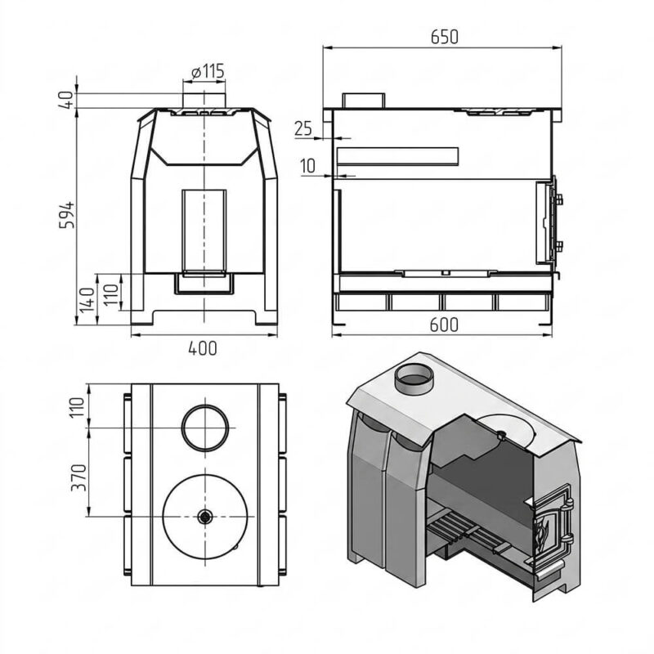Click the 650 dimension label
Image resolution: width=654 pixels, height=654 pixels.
pos(444,37)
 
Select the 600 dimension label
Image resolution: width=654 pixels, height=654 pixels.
pos(444,325)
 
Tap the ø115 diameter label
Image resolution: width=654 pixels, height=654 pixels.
pos(208,71)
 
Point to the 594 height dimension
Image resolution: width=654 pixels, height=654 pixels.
pos(67,214)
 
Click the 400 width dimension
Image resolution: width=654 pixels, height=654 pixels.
pos(203,348)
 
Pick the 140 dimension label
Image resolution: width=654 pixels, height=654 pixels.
pos(87,299)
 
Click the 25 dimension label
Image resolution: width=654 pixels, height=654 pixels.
pos(303,128)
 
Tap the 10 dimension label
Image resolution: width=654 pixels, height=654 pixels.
pos(308,167)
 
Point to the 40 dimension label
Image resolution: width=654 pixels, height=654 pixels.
pos(66,100)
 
